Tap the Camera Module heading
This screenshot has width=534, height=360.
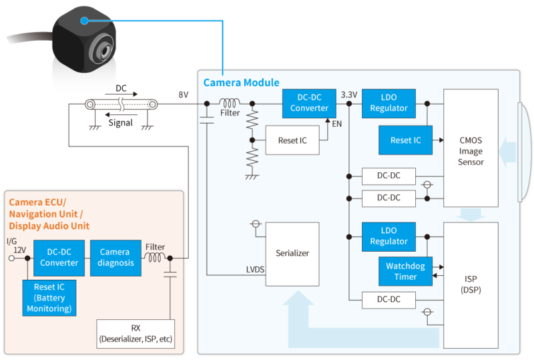241,83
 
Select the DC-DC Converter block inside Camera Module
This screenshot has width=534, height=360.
309,103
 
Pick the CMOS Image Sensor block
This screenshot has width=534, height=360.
471,150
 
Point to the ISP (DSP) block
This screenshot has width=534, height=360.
471,284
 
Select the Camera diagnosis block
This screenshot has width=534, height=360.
115,257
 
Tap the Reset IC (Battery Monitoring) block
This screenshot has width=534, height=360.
49,297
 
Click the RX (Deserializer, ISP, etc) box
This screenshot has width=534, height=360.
136,334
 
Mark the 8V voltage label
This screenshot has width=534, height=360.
183,95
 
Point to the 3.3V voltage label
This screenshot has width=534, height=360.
349,94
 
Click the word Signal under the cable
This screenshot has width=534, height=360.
120,122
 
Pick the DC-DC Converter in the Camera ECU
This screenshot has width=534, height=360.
59,257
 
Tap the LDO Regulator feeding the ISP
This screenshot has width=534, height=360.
388,236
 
